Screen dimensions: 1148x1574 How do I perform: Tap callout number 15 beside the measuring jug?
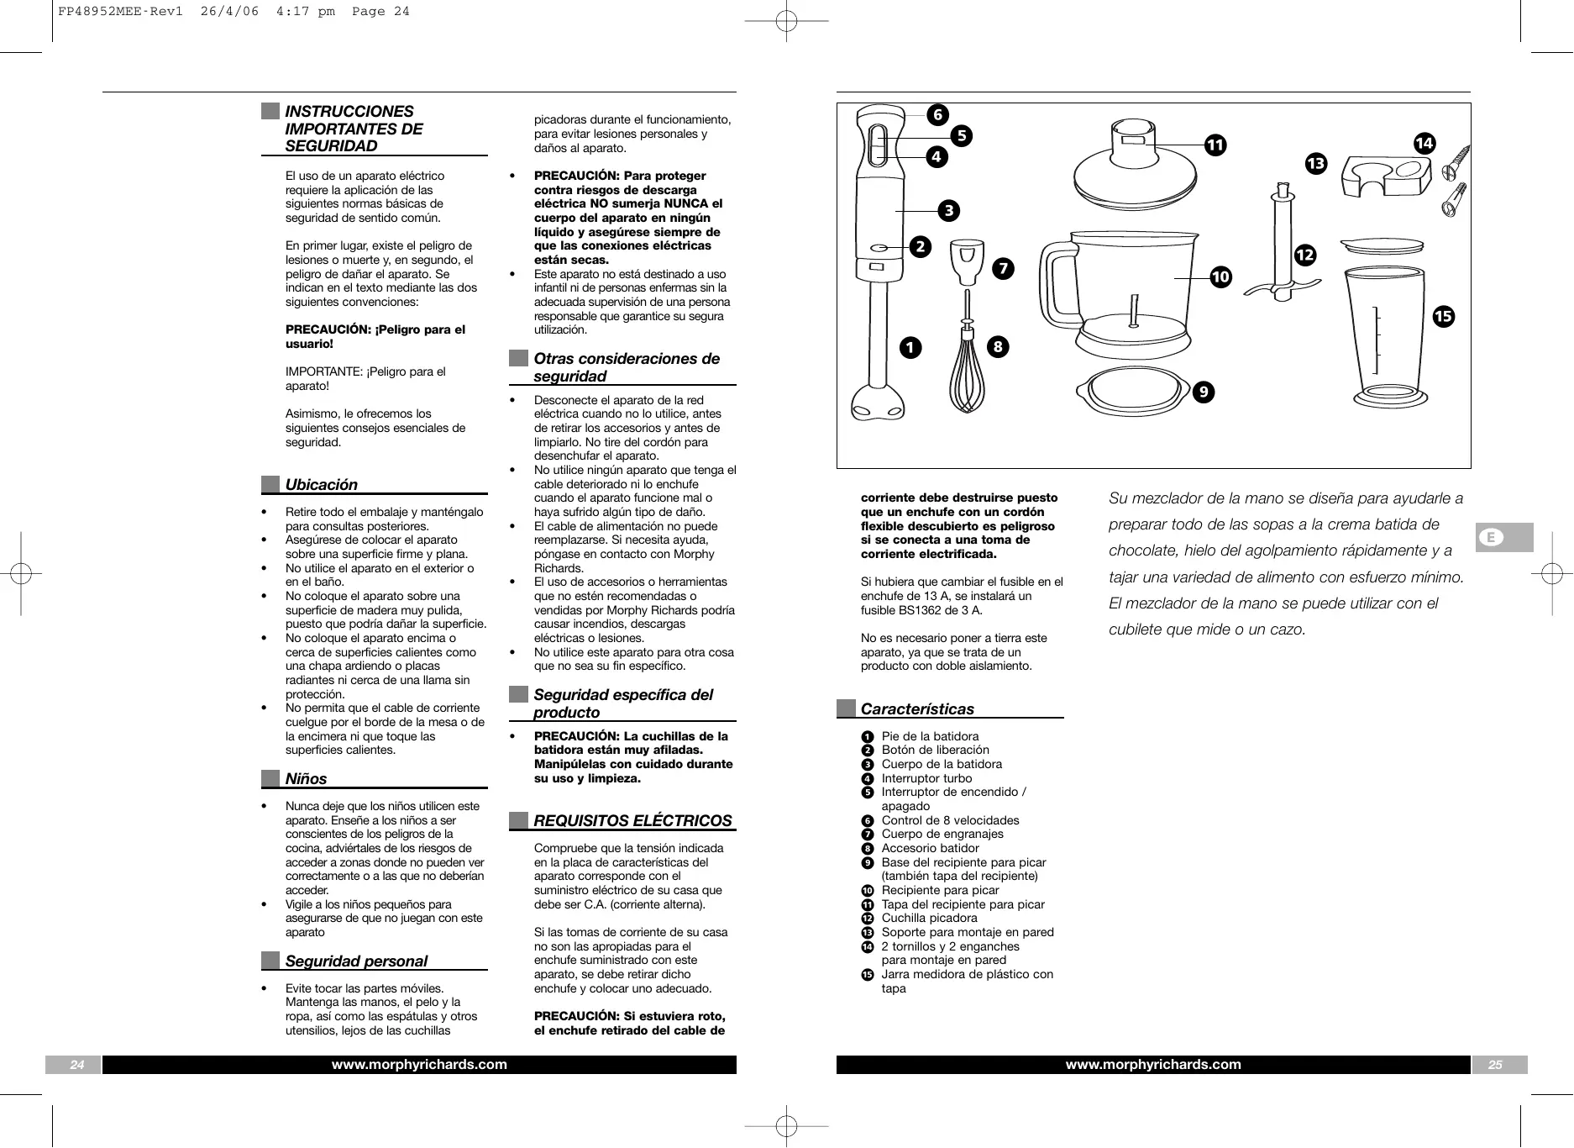pos(1443,316)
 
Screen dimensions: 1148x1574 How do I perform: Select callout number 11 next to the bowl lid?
pos(1215,145)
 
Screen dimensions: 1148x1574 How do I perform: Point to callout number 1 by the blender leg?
pos(910,347)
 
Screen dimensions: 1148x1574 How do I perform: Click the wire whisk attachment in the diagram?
pos(968,370)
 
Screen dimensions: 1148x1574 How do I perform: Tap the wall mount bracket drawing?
pos(1385,177)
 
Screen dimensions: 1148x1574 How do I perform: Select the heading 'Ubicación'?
pos(321,485)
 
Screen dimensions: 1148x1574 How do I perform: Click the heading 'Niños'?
pos(306,779)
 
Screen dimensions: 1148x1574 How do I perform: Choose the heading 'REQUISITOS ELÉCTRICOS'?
pos(632,821)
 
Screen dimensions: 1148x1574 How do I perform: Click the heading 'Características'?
pos(917,709)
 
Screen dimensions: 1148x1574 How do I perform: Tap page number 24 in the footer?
pos(76,1065)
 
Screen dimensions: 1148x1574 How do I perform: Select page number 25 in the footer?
pos(1495,1065)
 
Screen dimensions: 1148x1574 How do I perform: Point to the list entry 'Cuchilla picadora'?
pos(929,919)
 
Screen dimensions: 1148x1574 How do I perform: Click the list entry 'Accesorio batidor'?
pos(930,848)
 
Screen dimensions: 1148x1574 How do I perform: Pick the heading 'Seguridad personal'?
pos(356,961)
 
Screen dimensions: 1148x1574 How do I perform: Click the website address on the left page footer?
pos(419,1065)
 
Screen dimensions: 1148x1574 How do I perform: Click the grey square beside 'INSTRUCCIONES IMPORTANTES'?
pos(270,112)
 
